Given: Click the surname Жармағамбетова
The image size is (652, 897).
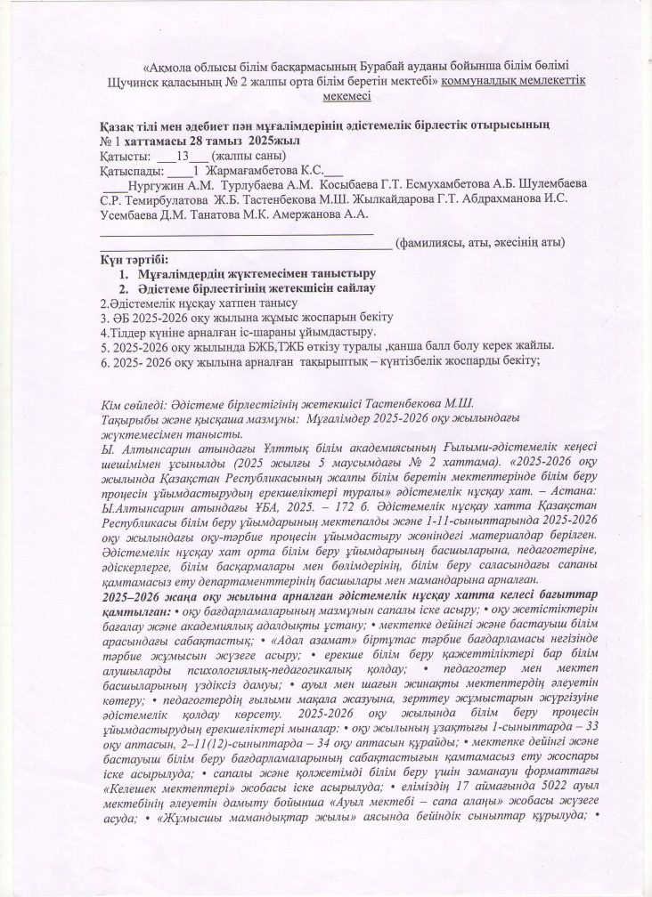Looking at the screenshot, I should (251, 170).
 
